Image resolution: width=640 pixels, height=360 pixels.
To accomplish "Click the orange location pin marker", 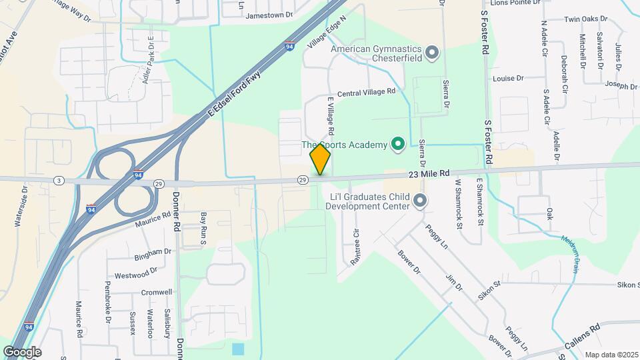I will (321, 159).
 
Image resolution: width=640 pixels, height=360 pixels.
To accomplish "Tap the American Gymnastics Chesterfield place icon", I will (432, 53).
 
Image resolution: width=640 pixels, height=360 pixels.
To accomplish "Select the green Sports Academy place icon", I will (398, 143).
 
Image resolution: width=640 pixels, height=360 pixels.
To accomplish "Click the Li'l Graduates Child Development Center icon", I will (420, 200).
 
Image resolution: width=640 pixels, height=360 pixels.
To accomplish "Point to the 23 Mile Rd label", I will (430, 173).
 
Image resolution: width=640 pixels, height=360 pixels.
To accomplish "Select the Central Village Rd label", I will (366, 93).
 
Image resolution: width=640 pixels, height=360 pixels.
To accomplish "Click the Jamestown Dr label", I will (269, 15).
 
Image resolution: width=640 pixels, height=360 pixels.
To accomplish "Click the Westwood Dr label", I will (135, 273).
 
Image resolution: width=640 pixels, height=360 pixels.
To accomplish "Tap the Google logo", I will (22, 351).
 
